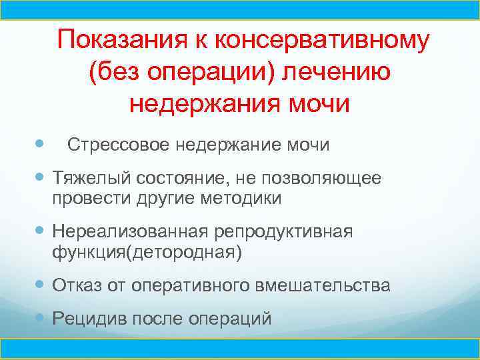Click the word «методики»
(x=239, y=198)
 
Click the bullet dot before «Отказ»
(x=41, y=285)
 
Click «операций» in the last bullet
(x=233, y=319)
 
